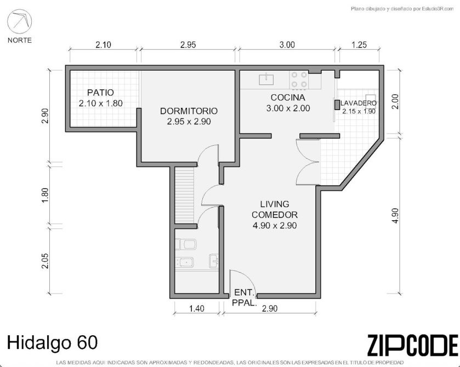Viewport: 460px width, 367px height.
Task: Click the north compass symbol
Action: tap(19, 21)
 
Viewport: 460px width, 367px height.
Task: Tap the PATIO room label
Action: tap(100, 93)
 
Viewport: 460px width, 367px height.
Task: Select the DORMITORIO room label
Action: tap(189, 111)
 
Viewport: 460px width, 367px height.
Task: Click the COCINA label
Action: tap(288, 98)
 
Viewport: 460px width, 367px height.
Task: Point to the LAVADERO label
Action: tap(359, 103)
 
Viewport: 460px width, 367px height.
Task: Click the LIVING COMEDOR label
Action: tap(275, 209)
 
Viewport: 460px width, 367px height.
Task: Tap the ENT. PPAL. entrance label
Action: tap(245, 297)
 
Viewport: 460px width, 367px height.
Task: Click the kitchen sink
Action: tap(266, 79)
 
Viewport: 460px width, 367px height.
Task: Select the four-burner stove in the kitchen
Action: tap(299, 80)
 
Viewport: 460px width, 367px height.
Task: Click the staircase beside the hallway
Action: tap(185, 195)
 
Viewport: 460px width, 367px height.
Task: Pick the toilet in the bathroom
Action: tap(186, 244)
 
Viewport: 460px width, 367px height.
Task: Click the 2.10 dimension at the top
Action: tap(103, 45)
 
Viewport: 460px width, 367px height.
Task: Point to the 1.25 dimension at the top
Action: tap(359, 45)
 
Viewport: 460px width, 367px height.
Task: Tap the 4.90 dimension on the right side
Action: tap(395, 216)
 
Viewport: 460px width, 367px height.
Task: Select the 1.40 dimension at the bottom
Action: tap(197, 308)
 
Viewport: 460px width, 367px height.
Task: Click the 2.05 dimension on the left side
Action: tap(45, 261)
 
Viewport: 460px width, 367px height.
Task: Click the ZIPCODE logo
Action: tap(412, 345)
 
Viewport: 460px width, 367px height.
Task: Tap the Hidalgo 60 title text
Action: tap(52, 342)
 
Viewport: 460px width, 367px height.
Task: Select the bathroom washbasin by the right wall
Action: tap(214, 261)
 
